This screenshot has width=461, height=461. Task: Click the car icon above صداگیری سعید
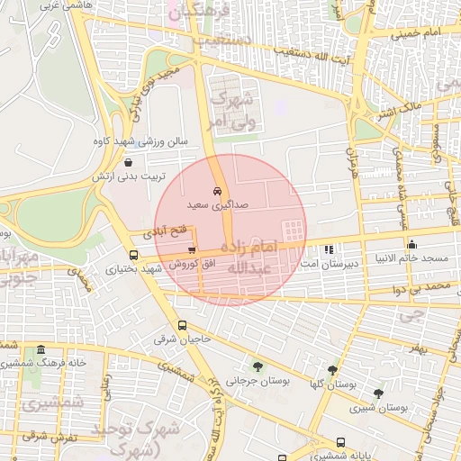pos(216,191)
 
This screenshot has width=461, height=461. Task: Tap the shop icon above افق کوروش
pos(191,250)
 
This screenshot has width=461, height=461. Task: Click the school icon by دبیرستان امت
pos(328,249)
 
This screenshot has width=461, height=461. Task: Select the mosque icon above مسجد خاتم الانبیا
pos(412,244)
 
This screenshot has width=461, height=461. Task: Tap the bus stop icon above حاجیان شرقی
pos(183,326)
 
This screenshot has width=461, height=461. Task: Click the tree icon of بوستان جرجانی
pos(258,366)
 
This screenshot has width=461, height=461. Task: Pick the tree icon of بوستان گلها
pos(332,369)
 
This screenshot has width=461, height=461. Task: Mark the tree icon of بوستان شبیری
pos(378,393)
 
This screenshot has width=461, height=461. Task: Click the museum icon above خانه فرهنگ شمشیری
pos(41,349)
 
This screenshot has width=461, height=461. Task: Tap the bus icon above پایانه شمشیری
pos(340,442)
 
